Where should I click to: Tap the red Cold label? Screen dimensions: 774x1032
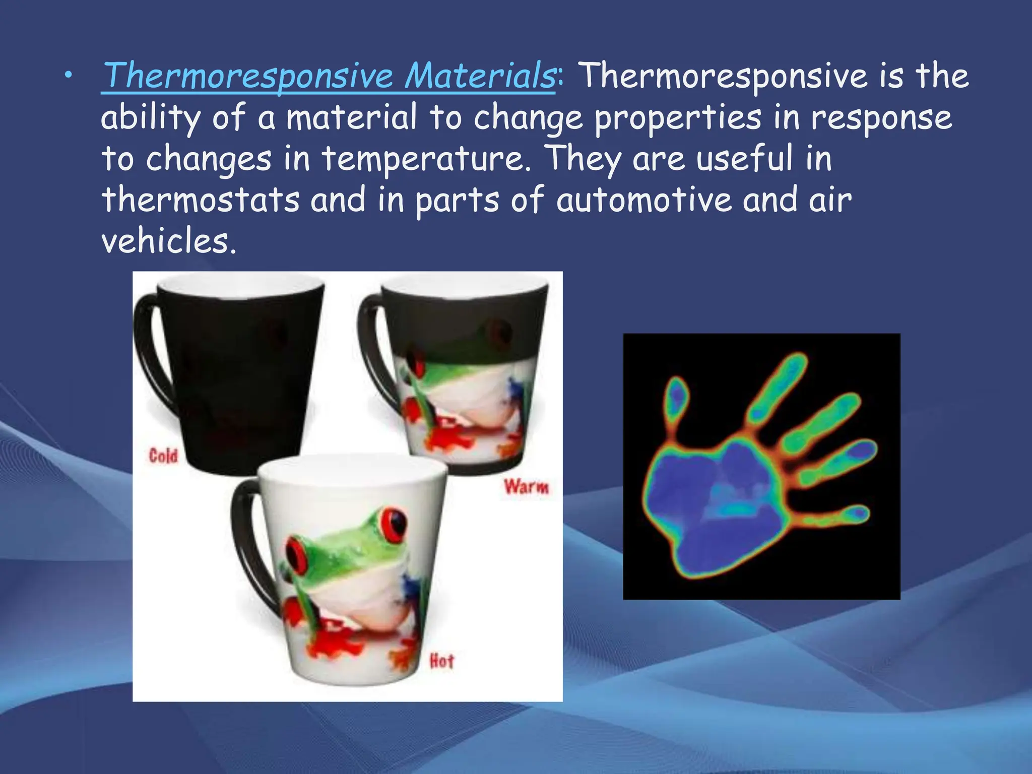(x=163, y=457)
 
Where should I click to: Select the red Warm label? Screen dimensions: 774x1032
(x=526, y=487)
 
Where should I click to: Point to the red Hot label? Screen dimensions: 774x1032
(x=441, y=661)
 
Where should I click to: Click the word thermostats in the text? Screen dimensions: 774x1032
(x=201, y=200)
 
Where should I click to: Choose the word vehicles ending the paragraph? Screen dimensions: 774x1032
(x=168, y=241)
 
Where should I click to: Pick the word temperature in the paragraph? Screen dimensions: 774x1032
(x=426, y=159)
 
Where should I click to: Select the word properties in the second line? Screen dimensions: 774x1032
(x=677, y=117)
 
